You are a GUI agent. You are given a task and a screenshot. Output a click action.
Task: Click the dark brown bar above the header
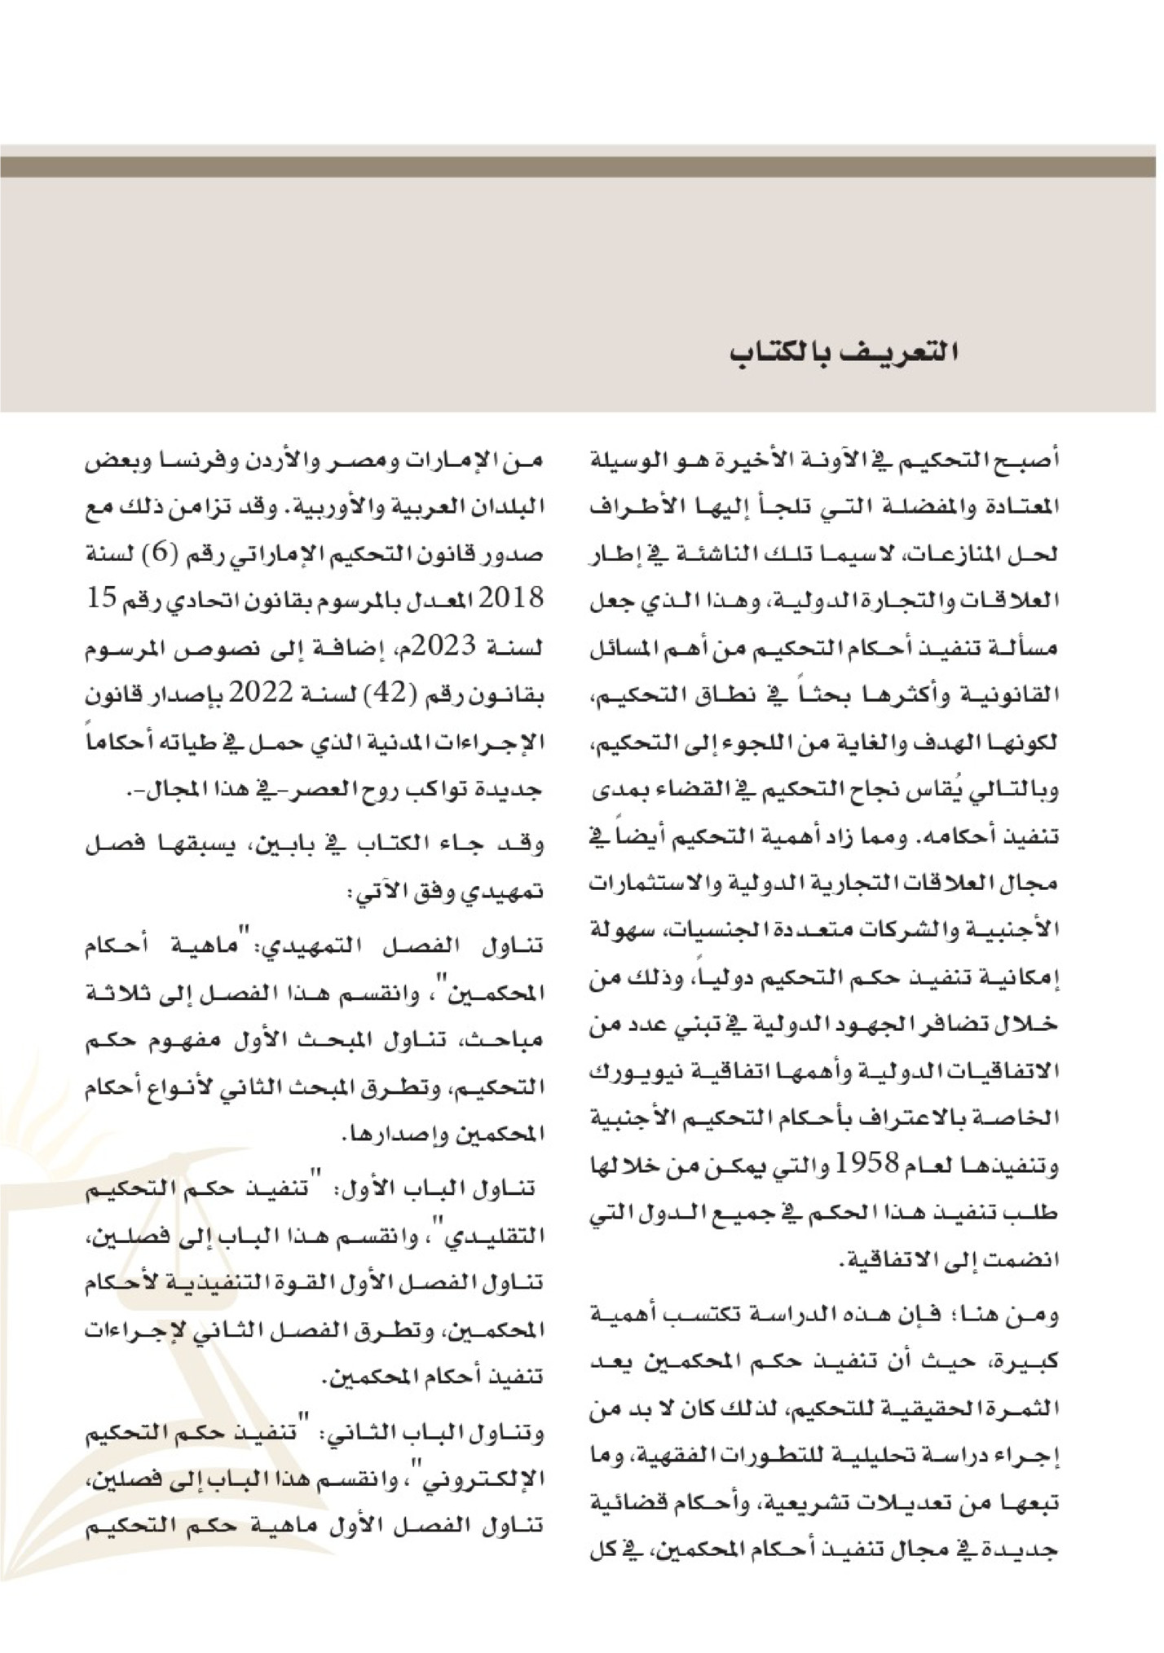(x=582, y=166)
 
